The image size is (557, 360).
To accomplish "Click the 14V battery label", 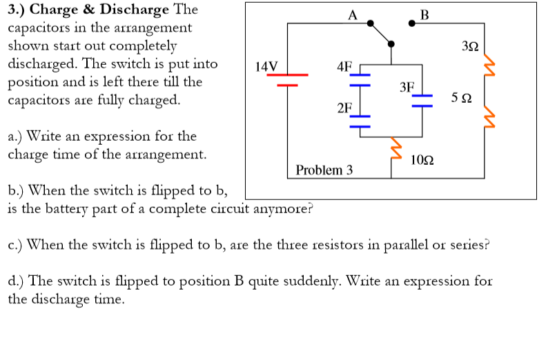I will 266,67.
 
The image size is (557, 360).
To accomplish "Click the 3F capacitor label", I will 407,87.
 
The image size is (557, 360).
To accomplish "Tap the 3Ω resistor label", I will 469,47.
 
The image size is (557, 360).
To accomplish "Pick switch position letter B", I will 424,13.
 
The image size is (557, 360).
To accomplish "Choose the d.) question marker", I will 18,281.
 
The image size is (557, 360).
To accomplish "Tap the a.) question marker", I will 18,137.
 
